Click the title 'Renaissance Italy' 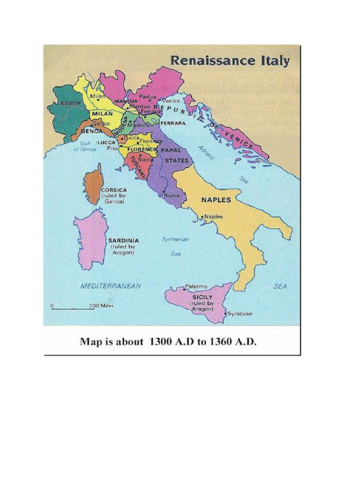(x=229, y=61)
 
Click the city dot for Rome (x=163, y=195)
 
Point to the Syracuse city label (x=240, y=314)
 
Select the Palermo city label (x=196, y=286)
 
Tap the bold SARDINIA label (x=123, y=240)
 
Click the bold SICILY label (x=202, y=297)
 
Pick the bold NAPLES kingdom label (x=216, y=200)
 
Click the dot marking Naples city (x=202, y=217)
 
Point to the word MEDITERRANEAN (x=111, y=285)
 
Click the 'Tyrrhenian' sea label (x=175, y=239)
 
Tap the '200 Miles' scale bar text (x=101, y=306)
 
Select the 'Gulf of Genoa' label (x=84, y=146)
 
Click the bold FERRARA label (x=174, y=123)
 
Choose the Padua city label (x=147, y=97)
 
